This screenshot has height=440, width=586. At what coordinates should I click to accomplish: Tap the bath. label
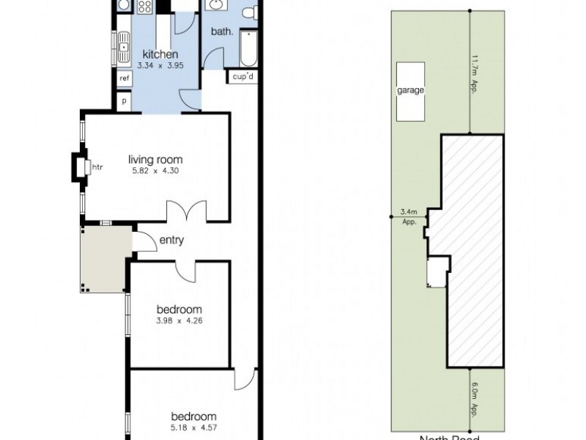221,32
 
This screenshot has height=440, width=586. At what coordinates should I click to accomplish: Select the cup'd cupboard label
243,76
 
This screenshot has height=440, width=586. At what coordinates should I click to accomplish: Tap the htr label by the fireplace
97,167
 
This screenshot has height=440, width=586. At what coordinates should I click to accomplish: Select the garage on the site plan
411,91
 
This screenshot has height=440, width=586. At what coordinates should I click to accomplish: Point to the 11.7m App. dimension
475,74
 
